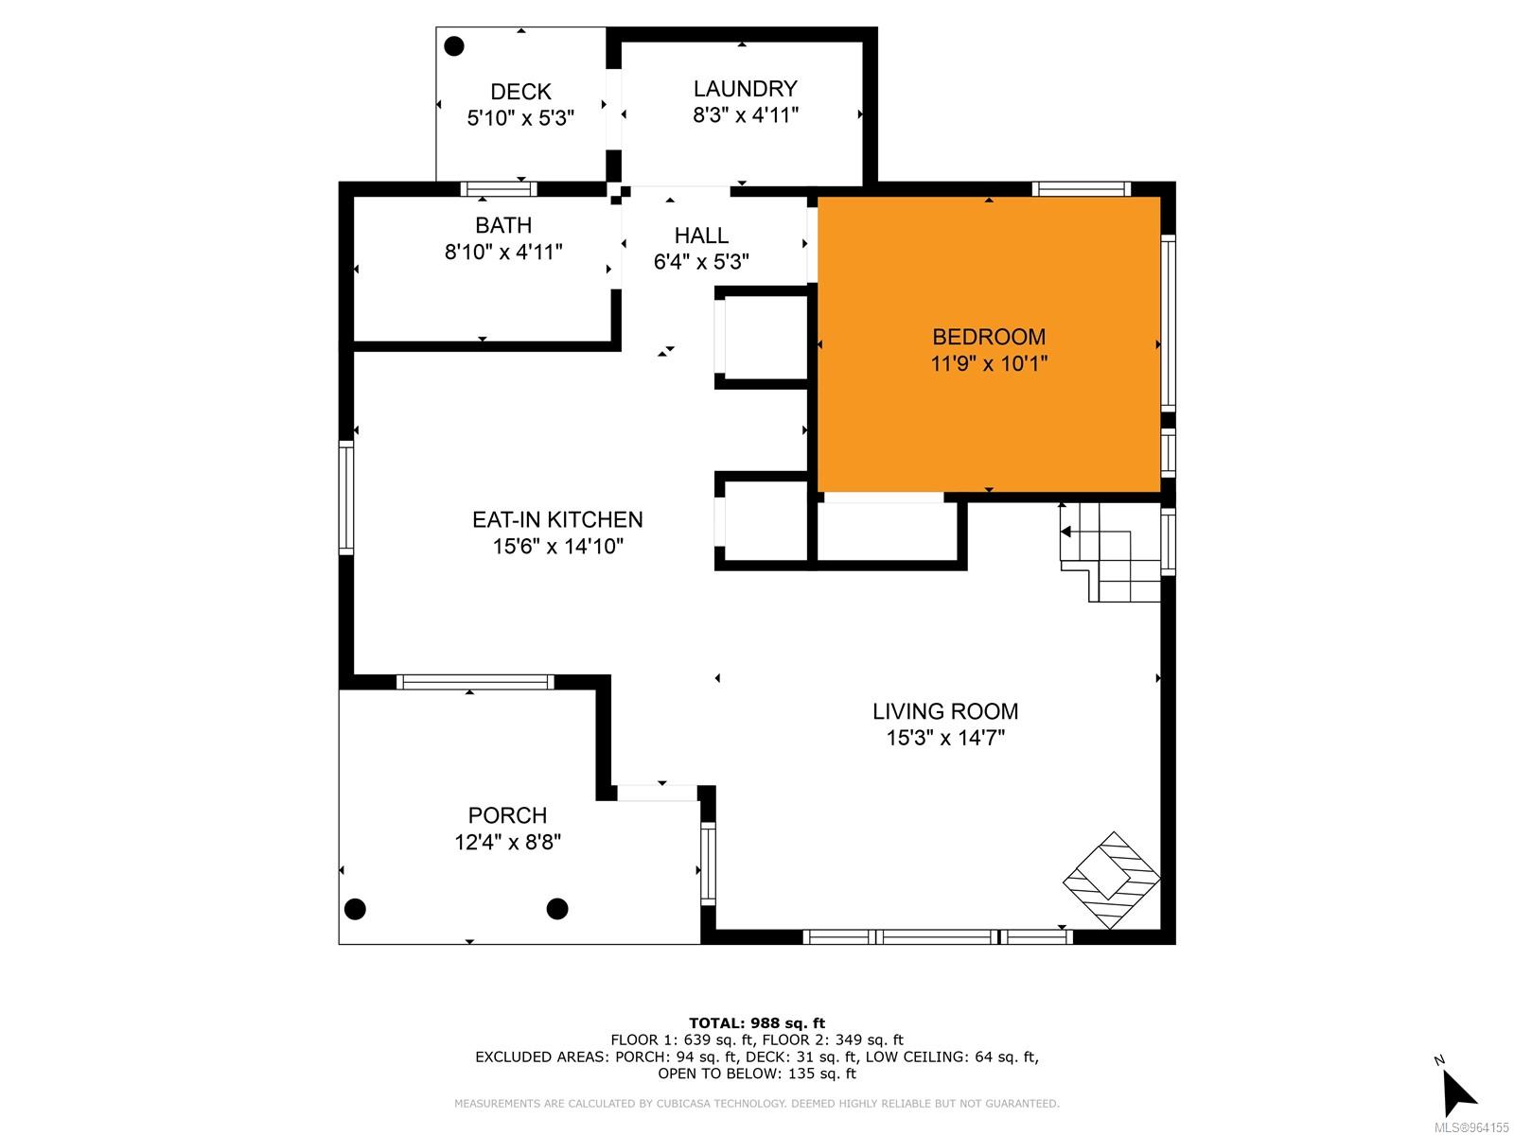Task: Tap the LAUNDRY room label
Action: click(745, 88)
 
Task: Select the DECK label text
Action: click(520, 92)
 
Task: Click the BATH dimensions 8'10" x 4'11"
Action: click(502, 253)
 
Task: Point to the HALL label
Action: click(701, 236)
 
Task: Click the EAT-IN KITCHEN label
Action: click(557, 519)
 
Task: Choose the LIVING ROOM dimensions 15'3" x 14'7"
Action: click(945, 738)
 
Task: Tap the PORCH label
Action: click(507, 816)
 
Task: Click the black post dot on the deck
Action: click(454, 46)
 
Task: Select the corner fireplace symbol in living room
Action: click(1112, 880)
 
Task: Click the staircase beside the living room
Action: click(1111, 551)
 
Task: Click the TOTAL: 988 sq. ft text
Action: click(757, 1023)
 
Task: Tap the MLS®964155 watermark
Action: click(1471, 1127)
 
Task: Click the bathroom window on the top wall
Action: click(498, 189)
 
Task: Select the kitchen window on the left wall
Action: click(346, 498)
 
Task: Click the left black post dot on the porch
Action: click(355, 909)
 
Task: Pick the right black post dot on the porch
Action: click(557, 909)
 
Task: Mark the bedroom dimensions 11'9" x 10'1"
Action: click(989, 363)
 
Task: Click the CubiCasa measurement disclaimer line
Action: click(757, 1103)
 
